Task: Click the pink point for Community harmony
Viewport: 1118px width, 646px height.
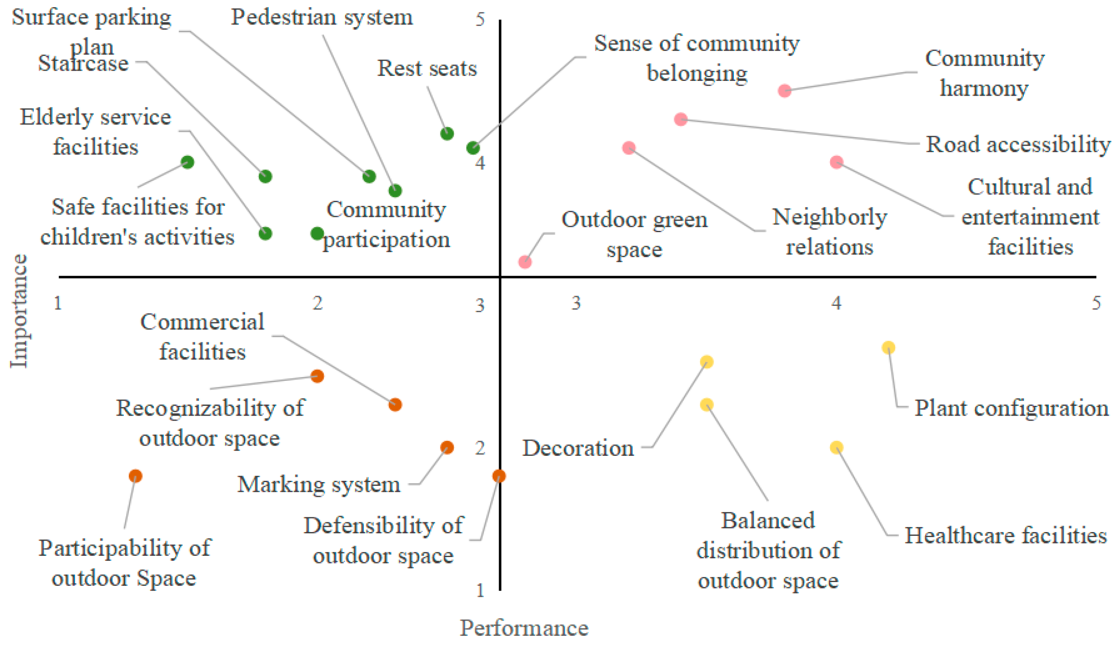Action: pyautogui.click(x=784, y=91)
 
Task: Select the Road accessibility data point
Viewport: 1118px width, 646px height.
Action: pyautogui.click(x=680, y=119)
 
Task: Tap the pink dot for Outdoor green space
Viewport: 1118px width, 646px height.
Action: pyautogui.click(x=525, y=262)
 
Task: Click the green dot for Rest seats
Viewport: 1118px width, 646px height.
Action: pyautogui.click(x=447, y=133)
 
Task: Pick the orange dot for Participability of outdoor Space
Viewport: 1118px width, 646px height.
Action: pyautogui.click(x=135, y=476)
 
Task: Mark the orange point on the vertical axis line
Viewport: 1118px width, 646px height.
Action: pyautogui.click(x=499, y=476)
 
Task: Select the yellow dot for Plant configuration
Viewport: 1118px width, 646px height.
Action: pyautogui.click(x=888, y=348)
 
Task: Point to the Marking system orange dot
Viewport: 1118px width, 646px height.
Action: pyautogui.click(x=447, y=447)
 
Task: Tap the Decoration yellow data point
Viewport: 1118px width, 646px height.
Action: pyautogui.click(x=707, y=362)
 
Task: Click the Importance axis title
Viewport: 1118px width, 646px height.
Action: pyautogui.click(x=19, y=311)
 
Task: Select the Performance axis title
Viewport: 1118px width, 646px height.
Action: pyautogui.click(x=524, y=628)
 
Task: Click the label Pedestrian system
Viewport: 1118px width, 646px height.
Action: pyautogui.click(x=322, y=18)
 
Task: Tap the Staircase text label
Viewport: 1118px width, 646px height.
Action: pyautogui.click(x=83, y=64)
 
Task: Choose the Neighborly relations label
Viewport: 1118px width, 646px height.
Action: pyautogui.click(x=829, y=231)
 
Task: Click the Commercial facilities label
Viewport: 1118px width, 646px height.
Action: pyautogui.click(x=202, y=337)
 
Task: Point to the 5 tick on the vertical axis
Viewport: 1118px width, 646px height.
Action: pyautogui.click(x=480, y=19)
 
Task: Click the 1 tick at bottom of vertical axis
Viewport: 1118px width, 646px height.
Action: pyautogui.click(x=480, y=591)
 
